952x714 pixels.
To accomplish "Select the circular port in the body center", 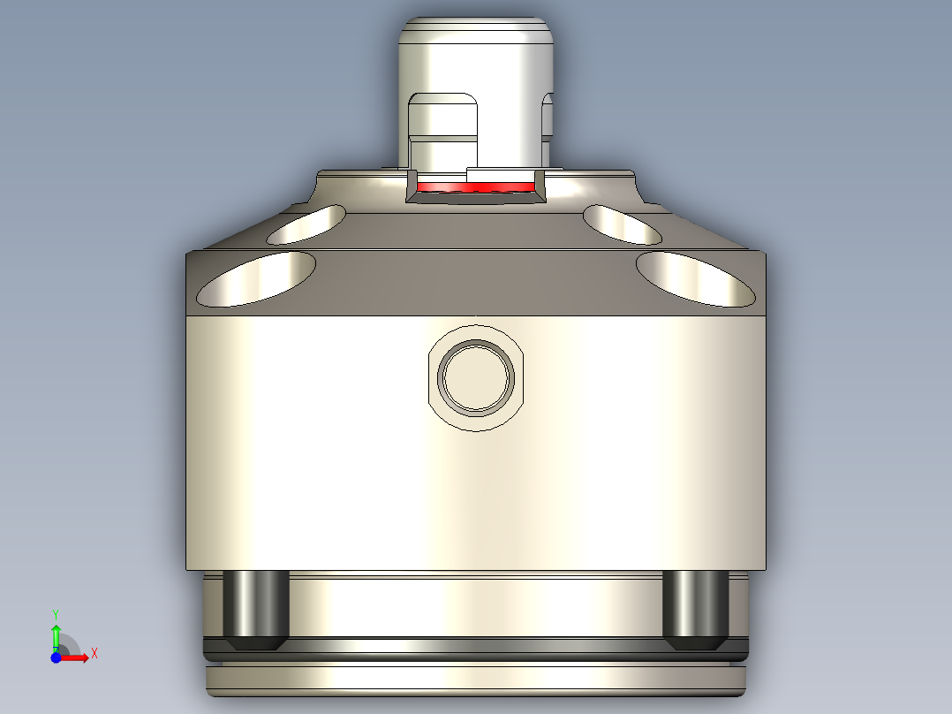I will [477, 378].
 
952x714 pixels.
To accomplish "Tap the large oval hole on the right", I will [698, 278].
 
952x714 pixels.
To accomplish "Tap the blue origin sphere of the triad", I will [56, 657].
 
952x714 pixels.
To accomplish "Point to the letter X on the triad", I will [94, 654].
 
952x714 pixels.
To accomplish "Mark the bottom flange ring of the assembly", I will [477, 679].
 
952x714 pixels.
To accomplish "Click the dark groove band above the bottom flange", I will [477, 651].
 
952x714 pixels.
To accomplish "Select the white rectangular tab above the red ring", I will [502, 174].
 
